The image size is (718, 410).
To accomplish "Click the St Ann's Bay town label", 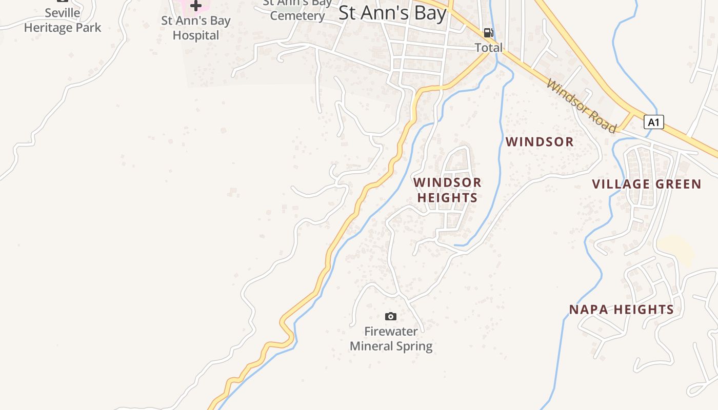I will (x=392, y=13).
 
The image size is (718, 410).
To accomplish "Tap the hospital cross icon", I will (x=195, y=6).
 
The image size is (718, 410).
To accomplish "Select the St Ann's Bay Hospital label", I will (x=195, y=28).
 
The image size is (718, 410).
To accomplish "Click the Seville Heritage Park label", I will (x=63, y=20).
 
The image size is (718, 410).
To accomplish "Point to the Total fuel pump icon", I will (x=488, y=33).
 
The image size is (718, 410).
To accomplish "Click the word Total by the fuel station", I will (x=488, y=48).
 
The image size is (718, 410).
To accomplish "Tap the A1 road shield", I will (x=653, y=122).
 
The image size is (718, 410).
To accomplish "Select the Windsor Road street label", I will (x=581, y=106).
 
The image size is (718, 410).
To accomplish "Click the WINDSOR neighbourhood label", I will (x=540, y=142).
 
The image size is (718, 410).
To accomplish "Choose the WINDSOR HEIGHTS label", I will (x=447, y=190).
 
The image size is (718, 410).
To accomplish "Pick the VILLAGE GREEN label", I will (x=646, y=184).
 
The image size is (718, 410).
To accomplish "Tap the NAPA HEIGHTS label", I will (x=621, y=310).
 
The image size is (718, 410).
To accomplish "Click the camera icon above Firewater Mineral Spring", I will (x=391, y=316).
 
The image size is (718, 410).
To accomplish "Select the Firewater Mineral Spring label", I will (x=391, y=339).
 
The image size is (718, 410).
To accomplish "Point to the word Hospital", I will (x=195, y=35).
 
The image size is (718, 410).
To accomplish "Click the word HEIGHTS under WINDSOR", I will (x=447, y=197).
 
